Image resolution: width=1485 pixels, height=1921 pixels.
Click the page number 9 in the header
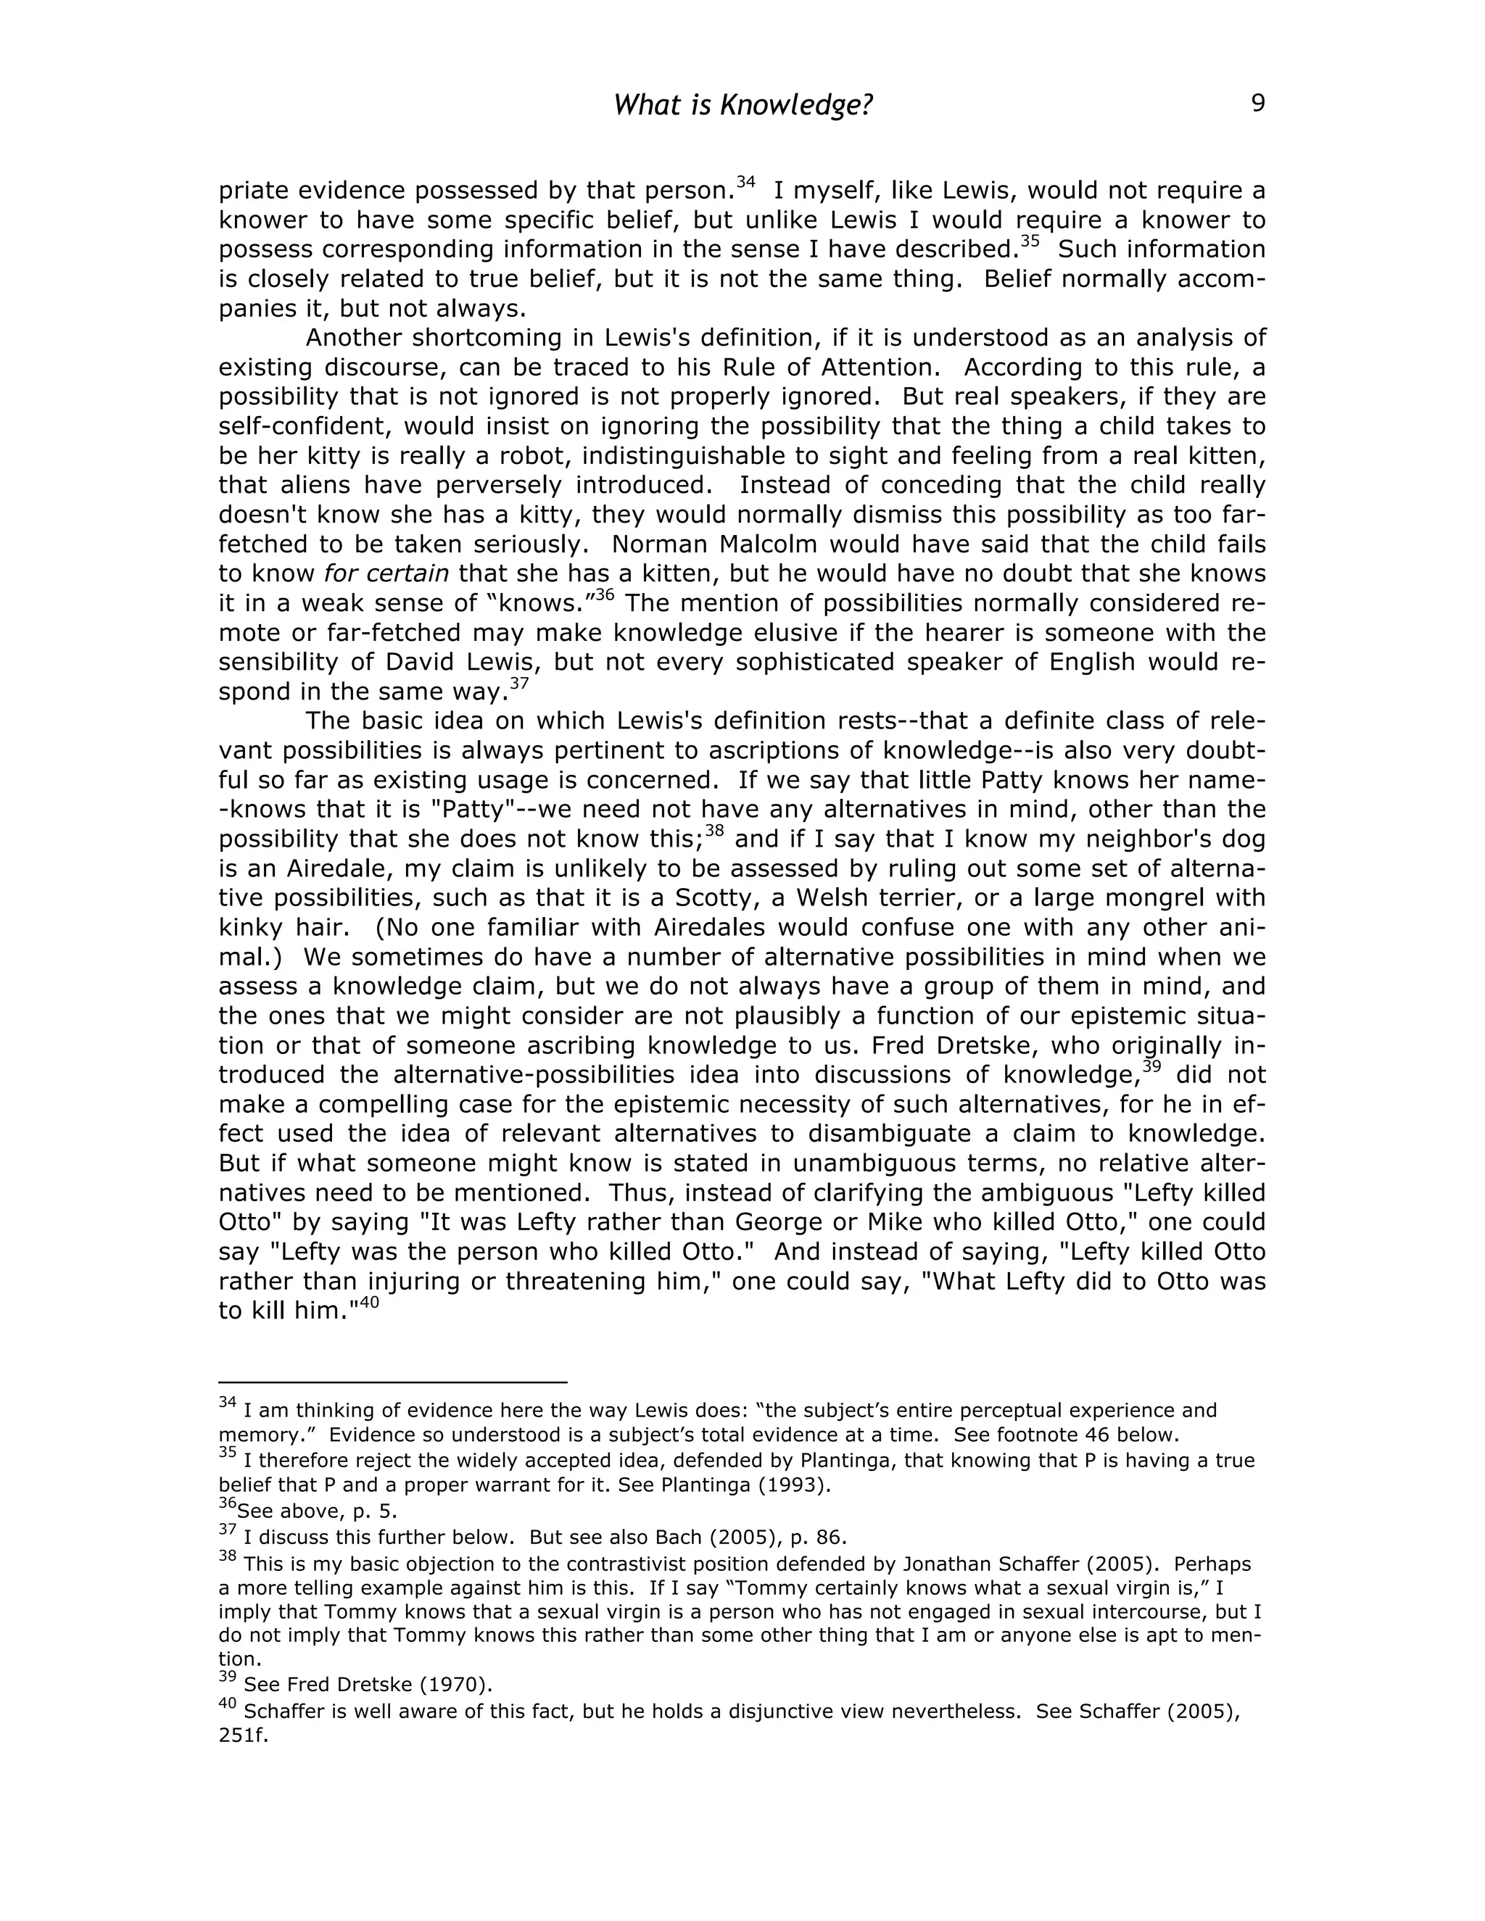click(1257, 104)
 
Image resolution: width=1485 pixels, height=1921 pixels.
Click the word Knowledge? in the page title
click(796, 106)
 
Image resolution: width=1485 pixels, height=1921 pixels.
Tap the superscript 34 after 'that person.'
click(746, 183)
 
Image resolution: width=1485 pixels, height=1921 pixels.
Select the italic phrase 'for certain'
click(386, 574)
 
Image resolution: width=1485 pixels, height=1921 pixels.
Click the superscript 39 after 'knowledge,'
click(1151, 1067)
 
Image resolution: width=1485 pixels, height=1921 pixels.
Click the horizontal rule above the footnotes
click(392, 1382)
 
